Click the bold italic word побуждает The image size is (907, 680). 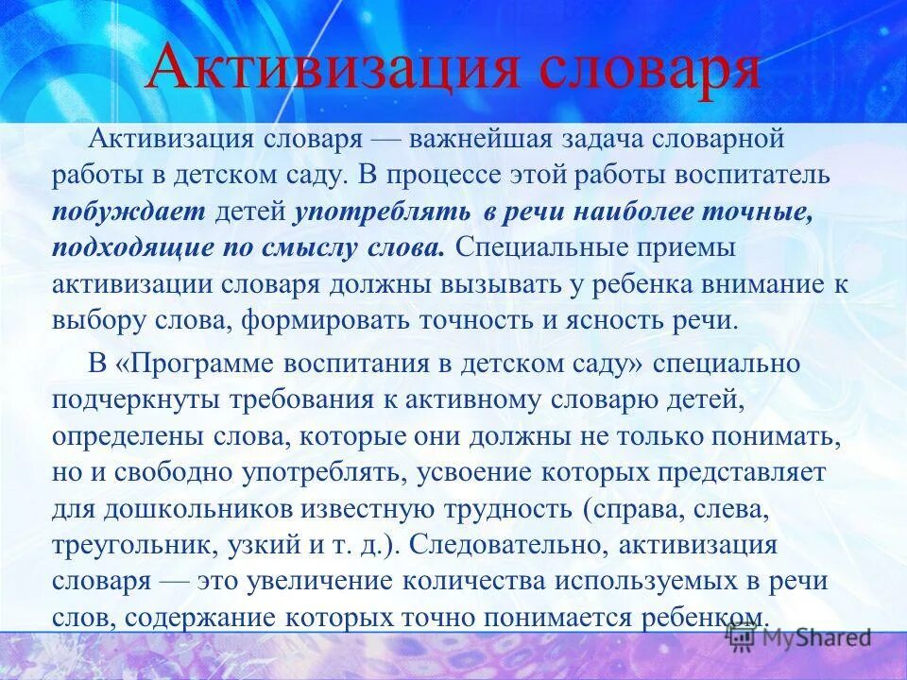pyautogui.click(x=129, y=212)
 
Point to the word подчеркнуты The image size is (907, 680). pyautogui.click(x=137, y=399)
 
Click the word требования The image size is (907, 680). pyautogui.click(x=299, y=399)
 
